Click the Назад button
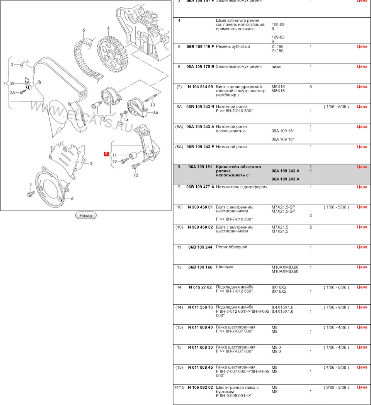[x=85, y=215]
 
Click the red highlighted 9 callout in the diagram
[x=107, y=154]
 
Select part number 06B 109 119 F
[x=200, y=47]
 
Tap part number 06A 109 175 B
[x=200, y=67]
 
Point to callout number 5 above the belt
[x=84, y=30]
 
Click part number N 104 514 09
[x=200, y=87]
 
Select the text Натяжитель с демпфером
[x=241, y=187]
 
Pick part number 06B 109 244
[x=200, y=247]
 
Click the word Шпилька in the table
[x=225, y=267]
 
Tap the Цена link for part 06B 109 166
[x=362, y=267]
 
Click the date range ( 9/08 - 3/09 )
[x=336, y=387]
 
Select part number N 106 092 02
[x=200, y=387]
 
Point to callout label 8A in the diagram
[x=156, y=113]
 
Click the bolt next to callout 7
[x=31, y=193]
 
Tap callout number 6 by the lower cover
[x=71, y=198]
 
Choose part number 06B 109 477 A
[x=200, y=187]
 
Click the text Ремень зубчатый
[x=233, y=47]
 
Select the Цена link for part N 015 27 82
[x=362, y=287]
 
